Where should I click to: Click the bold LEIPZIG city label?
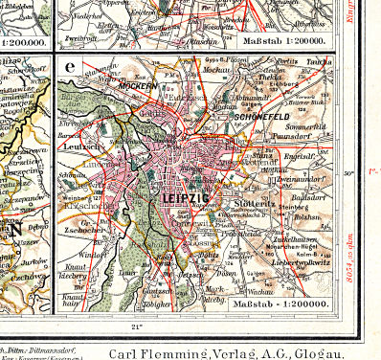click(188, 198)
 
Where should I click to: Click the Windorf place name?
click(94, 255)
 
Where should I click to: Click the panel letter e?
click(70, 69)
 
